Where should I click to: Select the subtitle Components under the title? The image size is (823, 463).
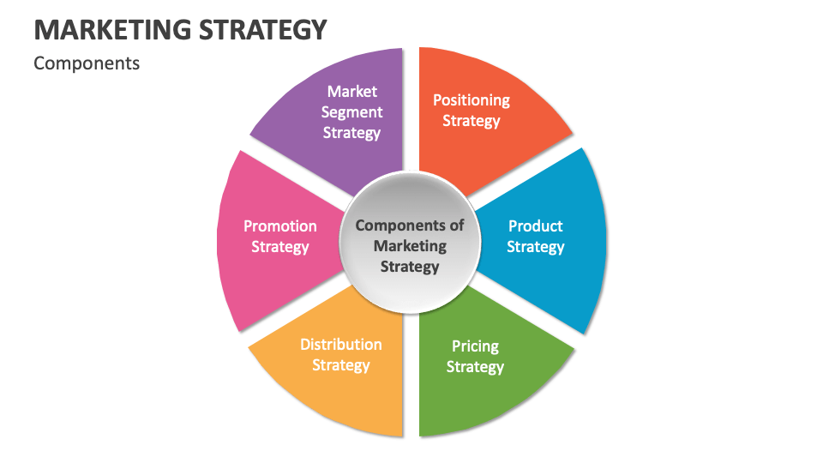[87, 63]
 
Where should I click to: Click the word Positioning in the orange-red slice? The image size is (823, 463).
[471, 100]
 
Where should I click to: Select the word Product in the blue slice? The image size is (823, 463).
[536, 226]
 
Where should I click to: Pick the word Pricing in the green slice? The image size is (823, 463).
[475, 346]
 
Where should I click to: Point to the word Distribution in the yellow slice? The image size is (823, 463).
[341, 345]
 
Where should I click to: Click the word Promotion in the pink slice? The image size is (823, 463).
[280, 226]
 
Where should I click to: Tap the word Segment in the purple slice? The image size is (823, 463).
[351, 112]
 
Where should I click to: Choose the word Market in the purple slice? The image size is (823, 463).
[352, 92]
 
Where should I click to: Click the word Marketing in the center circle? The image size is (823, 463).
[410, 246]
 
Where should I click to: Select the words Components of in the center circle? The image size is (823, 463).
[410, 225]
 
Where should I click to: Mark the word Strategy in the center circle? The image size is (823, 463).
[410, 267]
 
